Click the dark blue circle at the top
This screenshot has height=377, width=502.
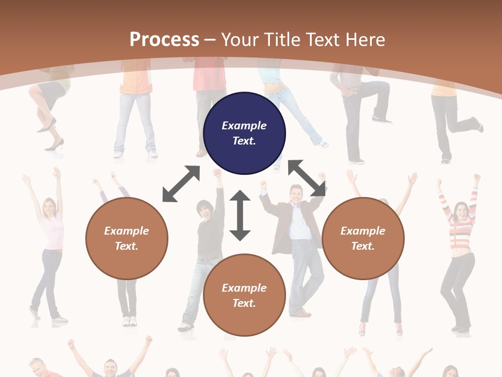244,134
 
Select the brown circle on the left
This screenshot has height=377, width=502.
127,238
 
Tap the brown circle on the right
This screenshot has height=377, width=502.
363,238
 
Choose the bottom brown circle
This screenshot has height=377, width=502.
244,295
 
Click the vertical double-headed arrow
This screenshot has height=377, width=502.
240,215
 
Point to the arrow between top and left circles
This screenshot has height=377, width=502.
181,184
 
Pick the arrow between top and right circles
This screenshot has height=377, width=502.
307,178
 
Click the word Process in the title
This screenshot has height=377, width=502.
164,39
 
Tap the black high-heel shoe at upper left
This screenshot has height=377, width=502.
54,144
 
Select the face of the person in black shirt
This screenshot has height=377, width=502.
203,210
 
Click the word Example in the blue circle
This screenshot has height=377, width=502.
244,126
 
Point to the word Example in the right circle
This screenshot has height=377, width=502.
363,231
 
